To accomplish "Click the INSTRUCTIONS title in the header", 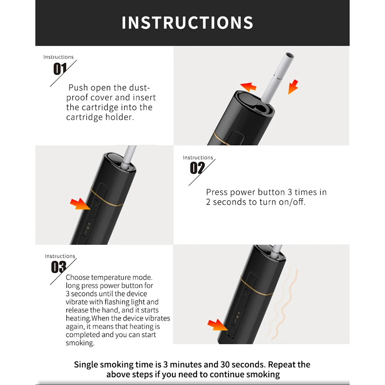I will tap(187, 23).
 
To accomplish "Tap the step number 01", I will tap(59, 69).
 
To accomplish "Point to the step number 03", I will tap(59, 267).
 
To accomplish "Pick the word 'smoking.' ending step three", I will tap(80, 343).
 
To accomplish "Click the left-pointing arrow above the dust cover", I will tap(248, 86).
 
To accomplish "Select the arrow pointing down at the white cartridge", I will tap(293, 87).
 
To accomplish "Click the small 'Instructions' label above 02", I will tap(198, 158).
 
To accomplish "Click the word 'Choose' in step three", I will tap(77, 278).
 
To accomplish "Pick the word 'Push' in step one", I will tap(78, 88).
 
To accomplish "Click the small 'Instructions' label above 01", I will tap(59, 57).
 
